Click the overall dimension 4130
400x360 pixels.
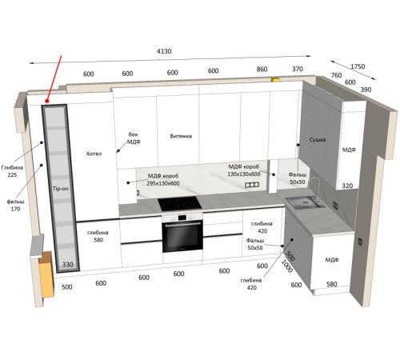pyautogui.click(x=164, y=51)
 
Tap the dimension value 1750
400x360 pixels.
pyautogui.click(x=358, y=66)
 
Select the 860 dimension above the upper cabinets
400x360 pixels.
pyautogui.click(x=262, y=70)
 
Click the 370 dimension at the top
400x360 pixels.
pyautogui.click(x=298, y=69)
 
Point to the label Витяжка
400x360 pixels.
pyautogui.click(x=181, y=136)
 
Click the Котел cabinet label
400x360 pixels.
pyautogui.click(x=94, y=154)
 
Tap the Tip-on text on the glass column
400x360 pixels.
pyautogui.click(x=61, y=189)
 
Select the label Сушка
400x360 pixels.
pyautogui.click(x=318, y=139)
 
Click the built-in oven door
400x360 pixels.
pyautogui.click(x=182, y=237)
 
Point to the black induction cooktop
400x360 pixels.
pyautogui.click(x=179, y=204)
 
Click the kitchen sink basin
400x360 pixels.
pyautogui.click(x=305, y=203)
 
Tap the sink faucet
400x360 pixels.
pyautogui.click(x=315, y=189)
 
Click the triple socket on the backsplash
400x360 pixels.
pyautogui.click(x=252, y=185)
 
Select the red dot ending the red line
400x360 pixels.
pyautogui.click(x=47, y=101)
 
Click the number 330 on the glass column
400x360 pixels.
pyautogui.click(x=68, y=265)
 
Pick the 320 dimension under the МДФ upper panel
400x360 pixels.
pyautogui.click(x=347, y=186)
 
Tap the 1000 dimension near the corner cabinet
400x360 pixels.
pyautogui.click(x=287, y=266)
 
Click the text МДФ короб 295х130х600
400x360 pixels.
pyautogui.click(x=163, y=180)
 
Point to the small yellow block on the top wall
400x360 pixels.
pyautogui.click(x=275, y=79)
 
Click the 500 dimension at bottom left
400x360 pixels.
pyautogui.click(x=66, y=287)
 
